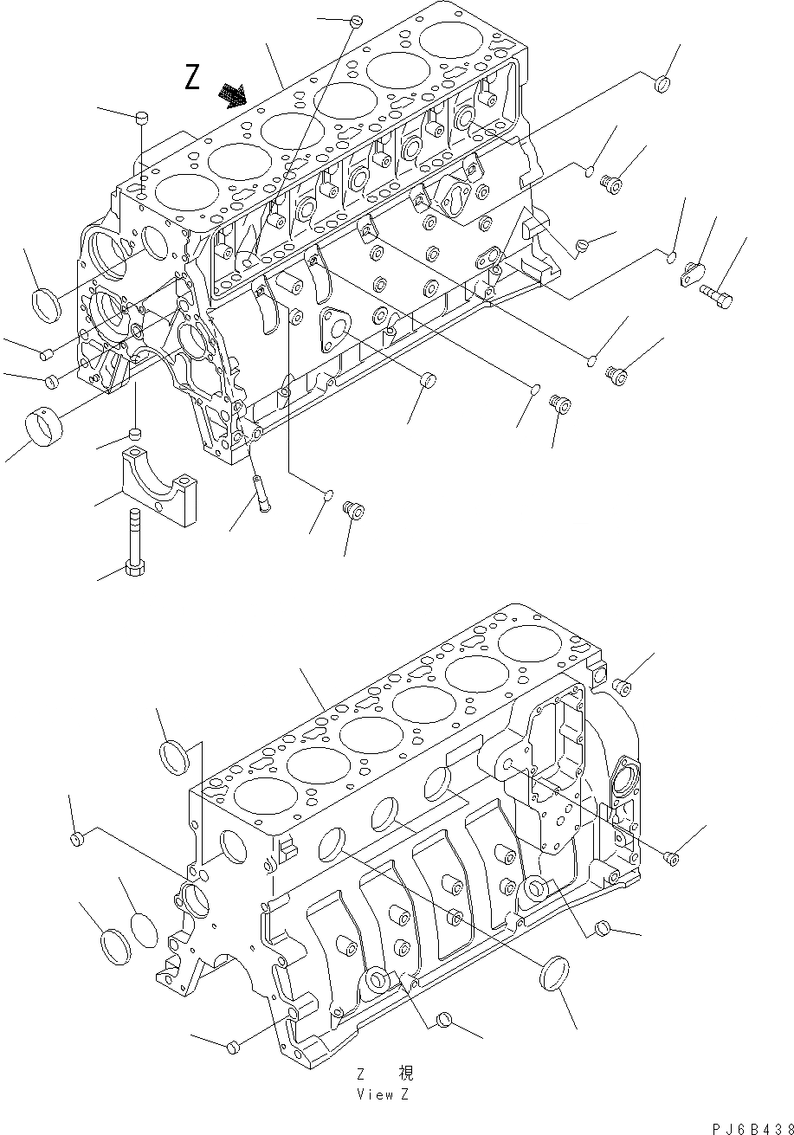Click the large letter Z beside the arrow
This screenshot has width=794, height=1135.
(193, 78)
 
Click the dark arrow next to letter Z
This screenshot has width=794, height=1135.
(232, 94)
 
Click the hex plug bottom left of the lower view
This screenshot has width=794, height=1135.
(232, 1048)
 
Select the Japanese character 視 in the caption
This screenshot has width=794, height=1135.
(404, 1073)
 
